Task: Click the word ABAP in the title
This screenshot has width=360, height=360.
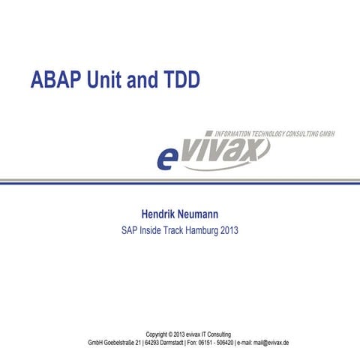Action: pyautogui.click(x=55, y=79)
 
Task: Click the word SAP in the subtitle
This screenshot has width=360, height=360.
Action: pyautogui.click(x=130, y=230)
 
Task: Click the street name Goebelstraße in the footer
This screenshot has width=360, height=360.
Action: pyautogui.click(x=127, y=342)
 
